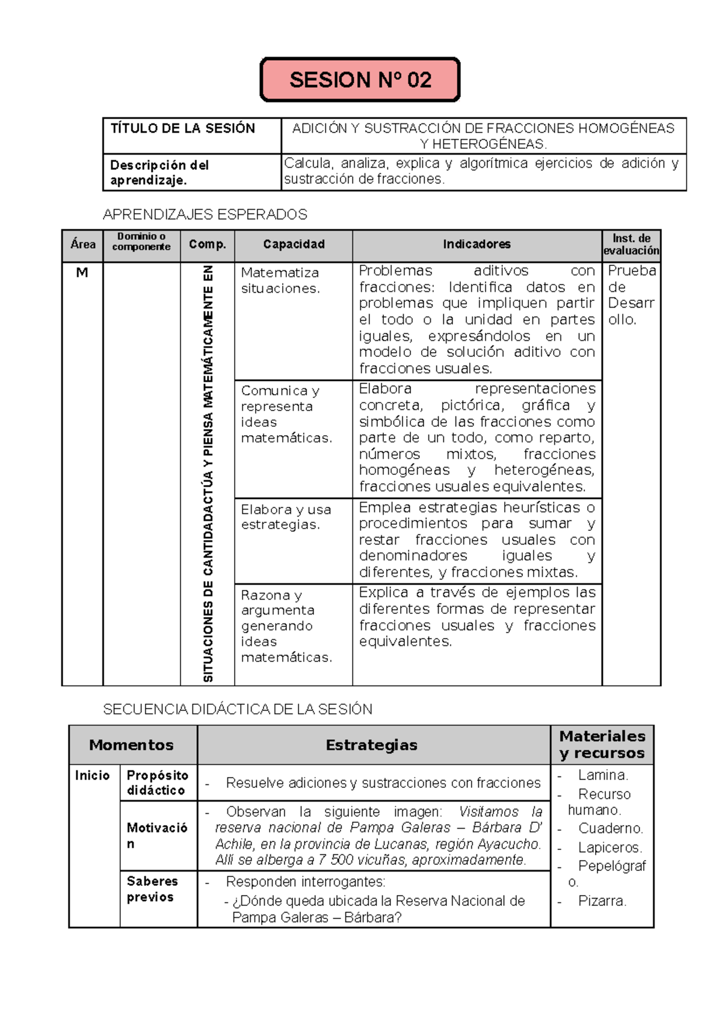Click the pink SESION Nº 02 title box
tap(360, 79)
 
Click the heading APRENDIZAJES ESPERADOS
tap(205, 214)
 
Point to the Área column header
tap(82, 244)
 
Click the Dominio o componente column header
tap(141, 242)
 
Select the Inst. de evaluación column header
tap(631, 244)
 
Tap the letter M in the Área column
tap(82, 273)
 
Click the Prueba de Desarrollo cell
tap(631, 295)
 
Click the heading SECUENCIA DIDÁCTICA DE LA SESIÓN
tap(238, 709)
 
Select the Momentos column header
tap(131, 745)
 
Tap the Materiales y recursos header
tap(602, 745)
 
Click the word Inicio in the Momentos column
tap(92, 775)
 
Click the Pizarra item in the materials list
tap(602, 901)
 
